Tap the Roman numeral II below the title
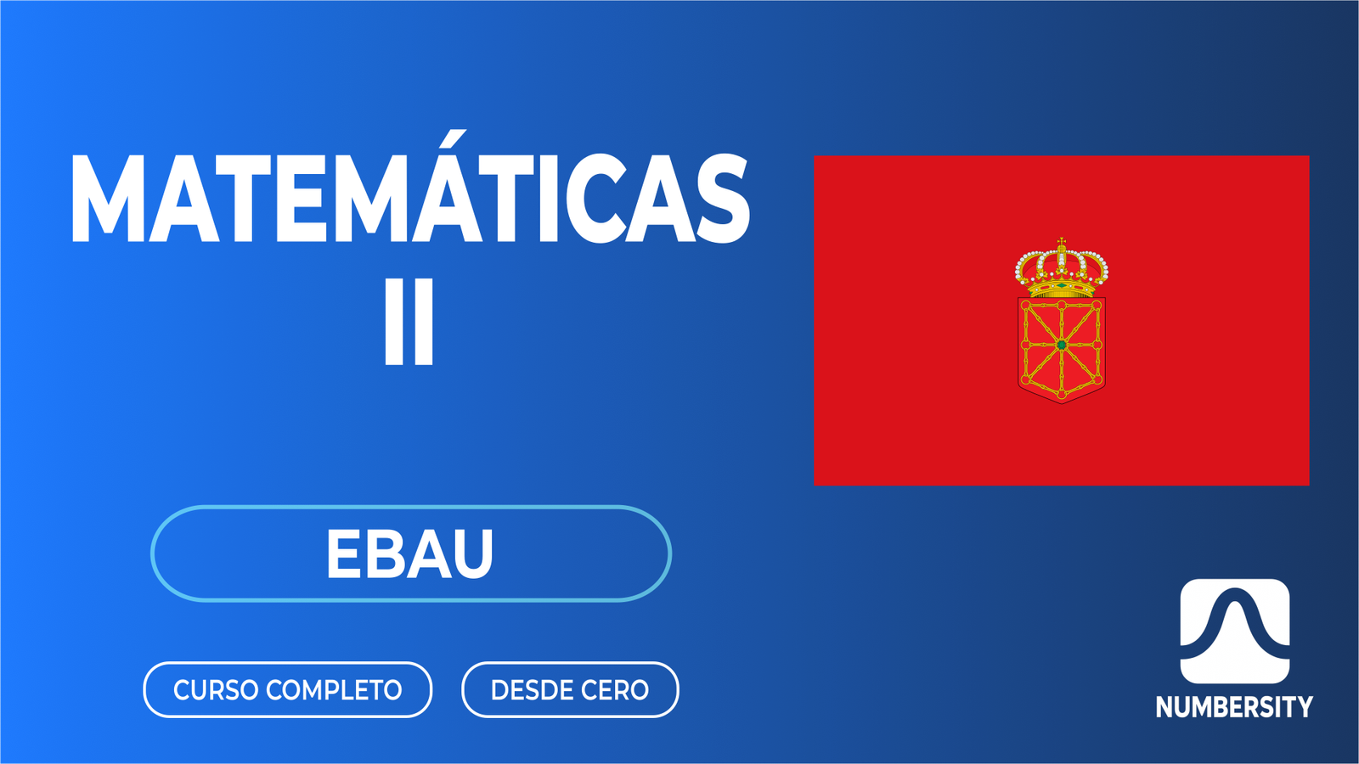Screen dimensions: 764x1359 tap(409, 322)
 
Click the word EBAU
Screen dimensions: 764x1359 tap(409, 554)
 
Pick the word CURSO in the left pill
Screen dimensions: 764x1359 tap(216, 690)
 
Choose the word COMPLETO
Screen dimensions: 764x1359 tap(334, 690)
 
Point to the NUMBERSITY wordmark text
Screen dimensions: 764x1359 tap(1234, 707)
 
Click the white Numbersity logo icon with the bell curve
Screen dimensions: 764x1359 tap(1234, 631)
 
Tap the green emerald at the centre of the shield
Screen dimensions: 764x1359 tap(1062, 345)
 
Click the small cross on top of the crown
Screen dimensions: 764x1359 tap(1062, 242)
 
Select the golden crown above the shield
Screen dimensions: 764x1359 tap(1062, 269)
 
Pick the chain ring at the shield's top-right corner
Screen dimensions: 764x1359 tap(1097, 305)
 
